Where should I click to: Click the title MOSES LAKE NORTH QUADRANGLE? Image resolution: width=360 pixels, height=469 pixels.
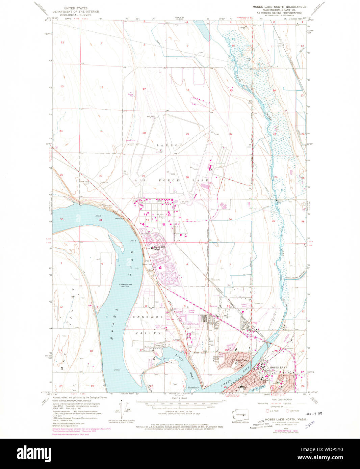tap(279, 7)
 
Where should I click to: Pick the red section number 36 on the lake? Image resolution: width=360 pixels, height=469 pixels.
tap(61, 220)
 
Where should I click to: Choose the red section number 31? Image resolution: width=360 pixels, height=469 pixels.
tap(101, 220)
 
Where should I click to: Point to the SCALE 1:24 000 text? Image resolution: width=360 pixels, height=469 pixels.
tap(179, 398)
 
